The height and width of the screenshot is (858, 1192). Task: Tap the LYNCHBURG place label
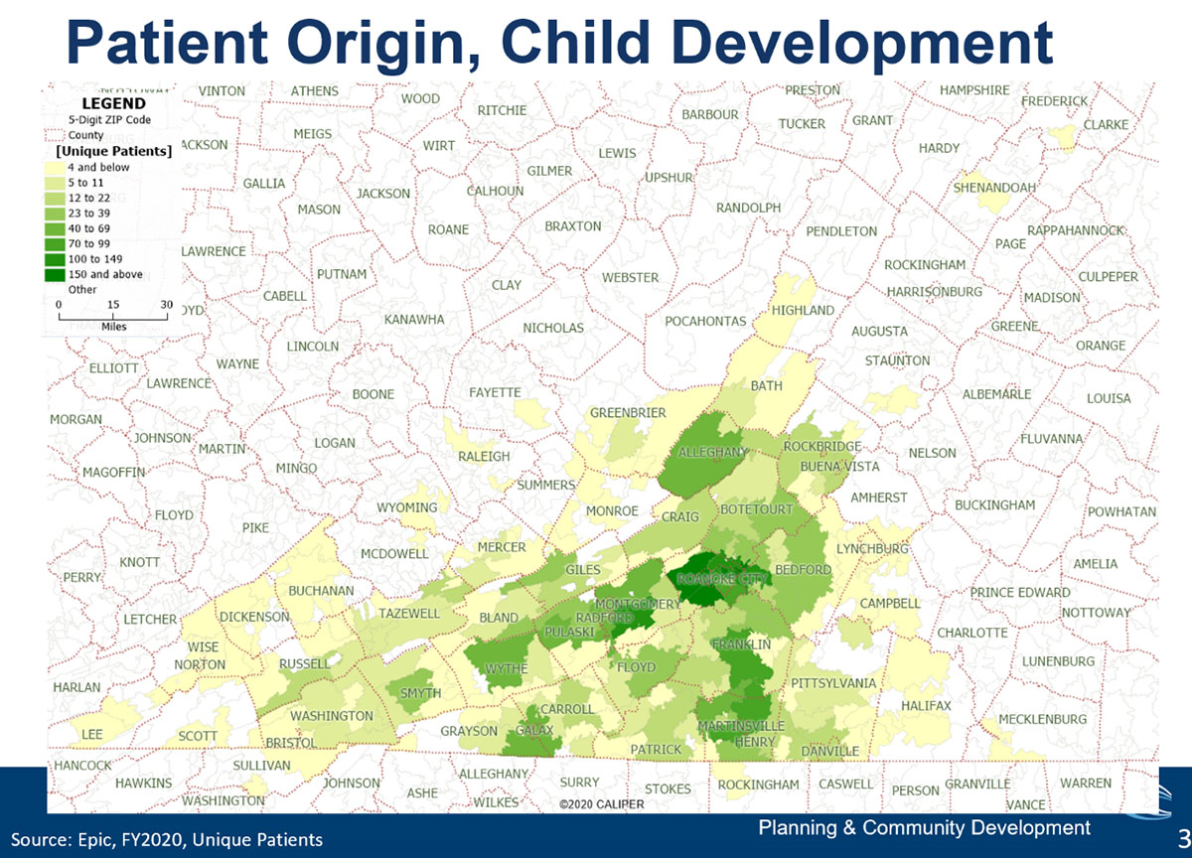pos(873,549)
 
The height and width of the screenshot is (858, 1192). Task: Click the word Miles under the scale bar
pos(113,325)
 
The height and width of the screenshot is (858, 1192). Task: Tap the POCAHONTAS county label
pos(705,322)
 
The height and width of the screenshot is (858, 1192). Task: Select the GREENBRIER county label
pos(628,412)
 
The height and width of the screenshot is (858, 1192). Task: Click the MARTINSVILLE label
pos(741,727)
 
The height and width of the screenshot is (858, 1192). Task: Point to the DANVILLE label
pos(829,751)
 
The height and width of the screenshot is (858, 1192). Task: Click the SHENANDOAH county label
pos(994,187)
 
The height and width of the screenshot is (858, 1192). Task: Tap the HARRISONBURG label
pos(934,292)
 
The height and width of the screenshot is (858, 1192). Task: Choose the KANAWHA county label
pos(414,320)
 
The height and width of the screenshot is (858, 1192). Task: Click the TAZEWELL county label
pos(408,614)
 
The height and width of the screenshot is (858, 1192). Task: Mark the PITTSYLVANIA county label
pos(833,683)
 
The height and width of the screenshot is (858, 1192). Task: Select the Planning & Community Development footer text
pos(924,827)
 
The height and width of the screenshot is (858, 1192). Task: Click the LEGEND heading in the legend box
pos(112,103)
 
